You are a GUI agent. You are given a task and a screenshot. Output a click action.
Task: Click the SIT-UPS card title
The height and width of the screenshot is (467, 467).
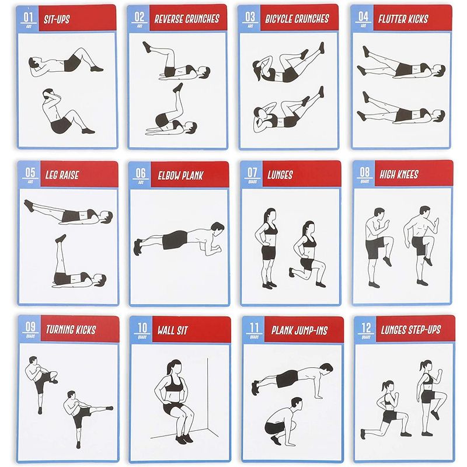pos(57,19)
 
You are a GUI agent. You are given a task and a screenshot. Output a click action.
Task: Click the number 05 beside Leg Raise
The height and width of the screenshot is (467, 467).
pos(30,173)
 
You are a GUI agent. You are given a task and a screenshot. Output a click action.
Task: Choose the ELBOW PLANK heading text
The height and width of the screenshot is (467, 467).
pos(180,175)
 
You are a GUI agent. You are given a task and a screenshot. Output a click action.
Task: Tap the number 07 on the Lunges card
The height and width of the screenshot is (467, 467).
pos(252,173)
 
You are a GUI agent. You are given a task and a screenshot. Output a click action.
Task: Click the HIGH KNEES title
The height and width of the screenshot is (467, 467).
pos(399,173)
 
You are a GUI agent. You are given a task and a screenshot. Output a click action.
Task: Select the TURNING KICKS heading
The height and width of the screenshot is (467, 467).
pos(70,329)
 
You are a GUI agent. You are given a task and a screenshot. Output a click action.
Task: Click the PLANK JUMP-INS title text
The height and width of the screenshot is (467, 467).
pos(299,330)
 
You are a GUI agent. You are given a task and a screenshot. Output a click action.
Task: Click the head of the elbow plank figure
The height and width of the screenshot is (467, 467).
pos(217,227)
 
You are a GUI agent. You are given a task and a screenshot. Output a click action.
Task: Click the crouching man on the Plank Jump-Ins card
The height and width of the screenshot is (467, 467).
pos(284,420)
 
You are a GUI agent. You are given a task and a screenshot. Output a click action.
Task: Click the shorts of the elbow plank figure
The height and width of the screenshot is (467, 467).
pos(175,239)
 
